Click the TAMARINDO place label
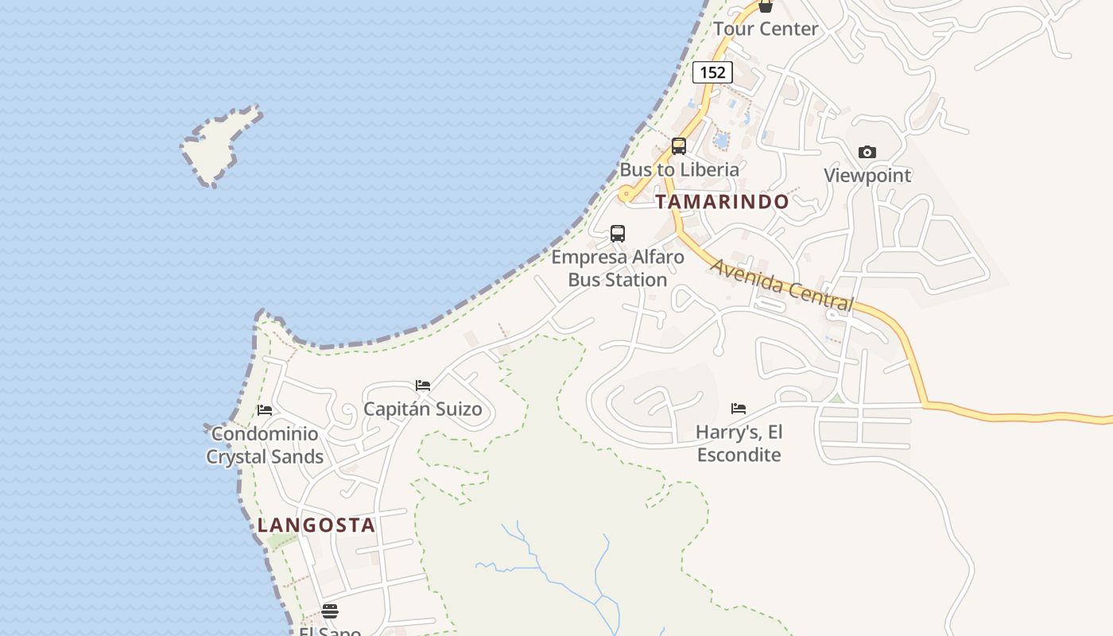tap(722, 202)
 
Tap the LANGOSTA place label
tap(316, 525)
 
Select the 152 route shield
tap(712, 72)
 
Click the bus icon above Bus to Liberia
tap(678, 146)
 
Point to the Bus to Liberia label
tap(679, 169)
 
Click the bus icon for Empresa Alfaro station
tap(618, 234)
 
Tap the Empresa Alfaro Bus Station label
tap(618, 269)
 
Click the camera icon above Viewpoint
tap(867, 152)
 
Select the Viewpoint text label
tap(867, 176)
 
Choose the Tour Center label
tap(766, 29)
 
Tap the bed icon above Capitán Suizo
tap(423, 386)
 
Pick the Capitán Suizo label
tap(423, 409)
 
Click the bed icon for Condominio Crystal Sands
tap(265, 410)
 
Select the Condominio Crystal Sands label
tap(265, 445)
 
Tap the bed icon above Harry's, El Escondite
tap(739, 409)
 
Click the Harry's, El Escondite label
tap(739, 444)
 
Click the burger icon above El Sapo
tap(330, 611)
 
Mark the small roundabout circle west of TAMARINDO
tap(626, 193)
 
